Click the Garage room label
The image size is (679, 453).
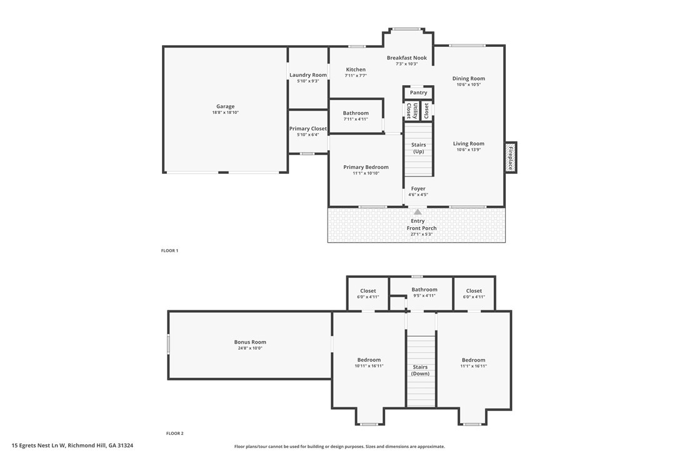pos(225,106)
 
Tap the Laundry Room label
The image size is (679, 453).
pos(308,75)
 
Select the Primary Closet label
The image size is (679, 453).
pos(308,129)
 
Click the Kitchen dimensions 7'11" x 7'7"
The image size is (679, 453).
pos(356,76)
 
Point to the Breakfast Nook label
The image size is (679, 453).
pos(406,58)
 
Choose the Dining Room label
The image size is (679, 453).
pos(468,79)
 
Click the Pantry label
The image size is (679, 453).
pos(418,93)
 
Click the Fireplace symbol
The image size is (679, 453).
pos(510,158)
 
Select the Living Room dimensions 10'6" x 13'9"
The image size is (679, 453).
pos(468,150)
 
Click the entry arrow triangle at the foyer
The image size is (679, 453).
pos(418,212)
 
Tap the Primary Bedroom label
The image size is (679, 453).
pos(366,167)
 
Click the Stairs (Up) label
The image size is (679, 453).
pos(418,148)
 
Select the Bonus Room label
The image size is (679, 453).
pos(250,342)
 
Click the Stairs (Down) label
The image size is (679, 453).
pos(420,370)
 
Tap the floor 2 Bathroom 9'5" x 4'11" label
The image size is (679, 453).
pos(424,290)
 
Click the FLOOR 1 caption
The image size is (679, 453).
pos(169,251)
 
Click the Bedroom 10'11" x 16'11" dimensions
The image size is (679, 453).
pos(369,366)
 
